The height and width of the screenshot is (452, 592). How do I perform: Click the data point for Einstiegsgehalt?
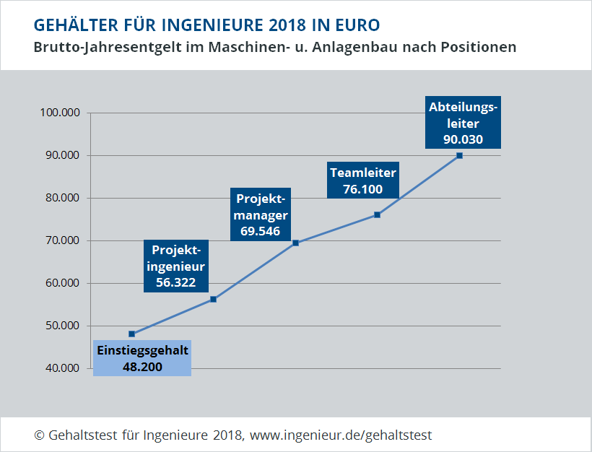(x=132, y=334)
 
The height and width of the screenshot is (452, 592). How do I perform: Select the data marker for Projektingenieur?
(x=214, y=299)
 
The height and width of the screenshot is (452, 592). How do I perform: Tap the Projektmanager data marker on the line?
(x=296, y=243)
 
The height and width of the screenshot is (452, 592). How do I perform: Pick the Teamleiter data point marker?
(x=378, y=214)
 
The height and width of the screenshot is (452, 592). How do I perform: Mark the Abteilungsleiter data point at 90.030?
(x=459, y=155)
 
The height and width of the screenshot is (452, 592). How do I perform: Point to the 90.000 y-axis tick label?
(x=61, y=155)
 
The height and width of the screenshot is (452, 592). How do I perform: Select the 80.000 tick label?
(x=61, y=198)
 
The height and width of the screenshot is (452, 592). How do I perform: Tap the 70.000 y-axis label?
(x=61, y=240)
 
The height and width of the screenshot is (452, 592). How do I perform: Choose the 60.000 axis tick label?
(x=61, y=283)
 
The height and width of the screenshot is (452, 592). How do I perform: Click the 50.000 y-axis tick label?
(x=61, y=326)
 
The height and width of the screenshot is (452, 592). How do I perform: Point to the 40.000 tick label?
(x=61, y=368)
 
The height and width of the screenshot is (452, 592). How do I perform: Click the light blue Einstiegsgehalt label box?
(x=142, y=358)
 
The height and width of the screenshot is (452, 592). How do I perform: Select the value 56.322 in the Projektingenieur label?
(x=176, y=282)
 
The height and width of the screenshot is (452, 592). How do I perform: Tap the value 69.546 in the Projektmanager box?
(x=260, y=232)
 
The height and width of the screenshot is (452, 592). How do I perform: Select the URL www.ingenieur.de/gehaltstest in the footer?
(x=341, y=435)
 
